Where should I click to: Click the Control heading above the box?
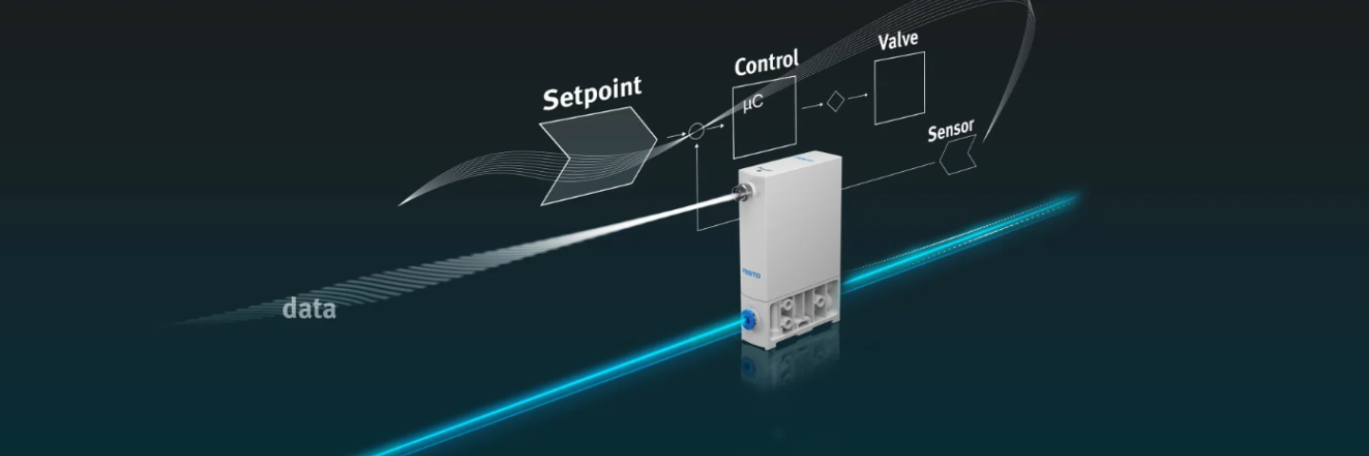[x=765, y=64]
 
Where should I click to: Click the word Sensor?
[x=952, y=132]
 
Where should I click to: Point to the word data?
[x=309, y=308]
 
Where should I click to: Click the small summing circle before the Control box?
[x=696, y=132]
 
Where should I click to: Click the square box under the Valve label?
[x=899, y=87]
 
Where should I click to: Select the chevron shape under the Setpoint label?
[x=597, y=155]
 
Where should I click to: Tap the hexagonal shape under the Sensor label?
[x=957, y=155]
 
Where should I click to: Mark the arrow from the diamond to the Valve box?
[x=858, y=95]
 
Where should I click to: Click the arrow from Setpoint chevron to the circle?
[x=674, y=137]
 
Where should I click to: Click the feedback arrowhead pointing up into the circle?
[x=697, y=148]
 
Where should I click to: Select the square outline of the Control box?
[x=733, y=123]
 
